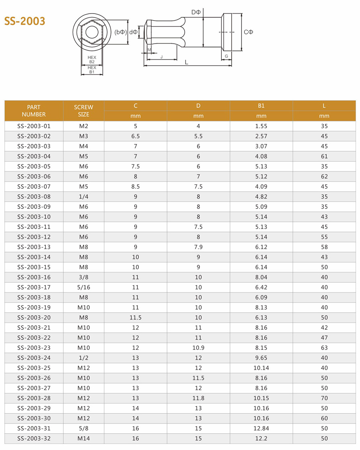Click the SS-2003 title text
(x=25, y=21)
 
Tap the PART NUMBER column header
(x=34, y=111)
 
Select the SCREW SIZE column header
(x=83, y=111)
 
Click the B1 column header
(x=261, y=106)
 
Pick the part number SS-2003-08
(x=34, y=197)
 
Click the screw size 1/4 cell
(x=83, y=197)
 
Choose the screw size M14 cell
(x=83, y=438)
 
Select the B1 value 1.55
(x=261, y=126)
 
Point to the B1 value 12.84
(x=261, y=428)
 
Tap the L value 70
(x=324, y=398)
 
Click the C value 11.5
(x=136, y=317)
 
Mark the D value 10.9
(x=198, y=348)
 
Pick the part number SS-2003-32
(x=34, y=438)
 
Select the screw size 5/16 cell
(x=83, y=287)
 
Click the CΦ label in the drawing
(x=248, y=32)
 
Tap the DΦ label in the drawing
(x=196, y=12)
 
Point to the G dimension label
(x=226, y=56)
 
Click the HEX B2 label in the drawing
(x=92, y=59)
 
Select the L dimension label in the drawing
(x=186, y=62)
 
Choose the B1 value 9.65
(x=261, y=358)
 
